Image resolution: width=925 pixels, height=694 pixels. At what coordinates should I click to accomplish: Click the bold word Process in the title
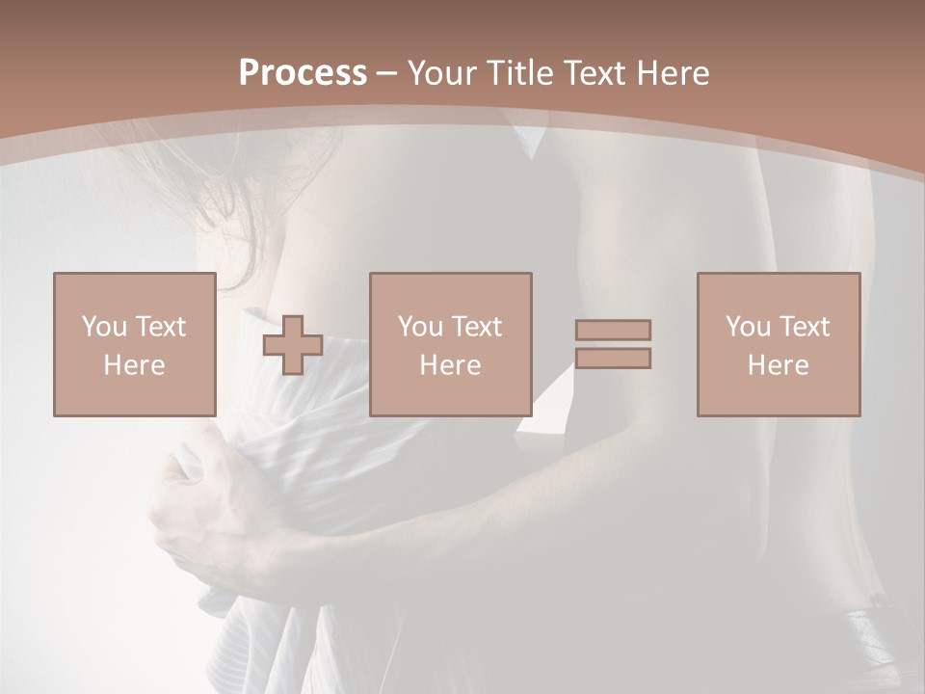(x=303, y=73)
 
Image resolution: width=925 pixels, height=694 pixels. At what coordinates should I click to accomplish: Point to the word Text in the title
(x=601, y=73)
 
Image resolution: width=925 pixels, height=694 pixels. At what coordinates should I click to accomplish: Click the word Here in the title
(x=676, y=73)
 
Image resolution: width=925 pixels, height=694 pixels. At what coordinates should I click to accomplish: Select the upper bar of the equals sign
(x=613, y=330)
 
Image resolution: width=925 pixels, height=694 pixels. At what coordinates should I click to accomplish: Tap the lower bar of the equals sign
(x=613, y=358)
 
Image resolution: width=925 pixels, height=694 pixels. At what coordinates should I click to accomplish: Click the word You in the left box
(x=103, y=327)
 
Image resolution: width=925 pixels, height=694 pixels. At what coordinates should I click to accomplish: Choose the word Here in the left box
(x=134, y=365)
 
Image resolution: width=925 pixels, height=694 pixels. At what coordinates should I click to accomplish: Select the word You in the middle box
(x=420, y=327)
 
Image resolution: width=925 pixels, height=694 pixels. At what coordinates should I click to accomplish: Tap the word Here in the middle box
(x=451, y=365)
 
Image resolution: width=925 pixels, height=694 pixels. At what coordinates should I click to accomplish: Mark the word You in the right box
(x=748, y=327)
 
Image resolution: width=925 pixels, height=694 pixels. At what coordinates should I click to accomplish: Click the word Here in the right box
(x=779, y=365)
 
